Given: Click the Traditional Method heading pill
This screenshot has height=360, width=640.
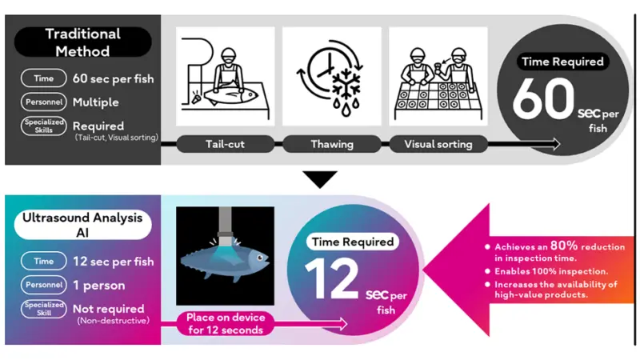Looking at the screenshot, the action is click(x=83, y=42).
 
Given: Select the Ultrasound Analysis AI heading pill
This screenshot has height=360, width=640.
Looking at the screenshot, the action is click(x=82, y=225).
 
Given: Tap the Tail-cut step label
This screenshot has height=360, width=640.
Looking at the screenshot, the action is click(x=226, y=144).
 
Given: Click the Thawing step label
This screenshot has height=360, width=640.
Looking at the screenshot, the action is click(x=332, y=144).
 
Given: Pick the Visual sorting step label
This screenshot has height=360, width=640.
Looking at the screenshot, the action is click(x=438, y=144).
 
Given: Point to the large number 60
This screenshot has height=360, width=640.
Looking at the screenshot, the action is click(x=543, y=99).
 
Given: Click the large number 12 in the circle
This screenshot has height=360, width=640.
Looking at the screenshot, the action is click(x=331, y=278).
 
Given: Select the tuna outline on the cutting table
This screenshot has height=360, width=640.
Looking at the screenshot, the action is click(x=230, y=95).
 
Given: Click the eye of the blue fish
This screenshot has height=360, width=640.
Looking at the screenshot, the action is click(x=259, y=258).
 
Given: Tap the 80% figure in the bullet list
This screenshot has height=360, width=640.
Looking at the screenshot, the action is click(x=564, y=246).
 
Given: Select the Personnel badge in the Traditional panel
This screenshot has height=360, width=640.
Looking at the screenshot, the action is click(x=44, y=102).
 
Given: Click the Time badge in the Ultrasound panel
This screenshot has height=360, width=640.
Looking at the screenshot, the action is click(x=44, y=262).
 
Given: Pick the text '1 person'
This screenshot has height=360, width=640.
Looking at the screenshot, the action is click(x=98, y=286).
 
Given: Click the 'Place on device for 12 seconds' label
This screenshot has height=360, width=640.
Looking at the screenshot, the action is click(x=226, y=324).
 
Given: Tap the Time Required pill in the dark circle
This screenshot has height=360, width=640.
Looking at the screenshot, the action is click(x=563, y=62).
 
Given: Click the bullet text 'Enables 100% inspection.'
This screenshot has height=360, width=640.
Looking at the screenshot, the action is click(x=551, y=271).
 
